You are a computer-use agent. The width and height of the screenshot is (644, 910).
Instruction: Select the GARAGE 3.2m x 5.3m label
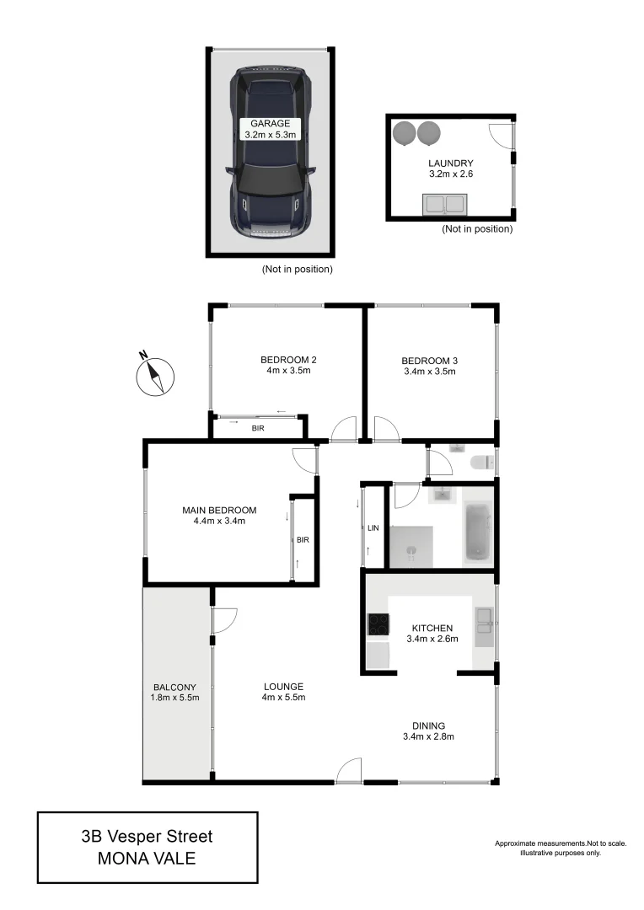(270, 128)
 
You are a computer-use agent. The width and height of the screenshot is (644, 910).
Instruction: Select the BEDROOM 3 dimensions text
(429, 371)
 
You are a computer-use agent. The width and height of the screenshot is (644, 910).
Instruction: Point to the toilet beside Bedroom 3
(481, 463)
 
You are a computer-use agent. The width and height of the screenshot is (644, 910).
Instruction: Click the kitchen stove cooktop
(377, 624)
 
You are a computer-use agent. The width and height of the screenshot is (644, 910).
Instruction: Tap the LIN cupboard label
(373, 528)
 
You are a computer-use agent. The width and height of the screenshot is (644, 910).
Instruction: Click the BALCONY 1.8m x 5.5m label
(175, 692)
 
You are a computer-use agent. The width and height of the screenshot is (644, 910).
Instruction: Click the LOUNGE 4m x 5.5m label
(282, 692)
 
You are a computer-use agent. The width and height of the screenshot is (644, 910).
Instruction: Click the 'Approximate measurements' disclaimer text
(560, 843)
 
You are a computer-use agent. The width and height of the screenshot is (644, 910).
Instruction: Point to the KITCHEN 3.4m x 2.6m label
(432, 634)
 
